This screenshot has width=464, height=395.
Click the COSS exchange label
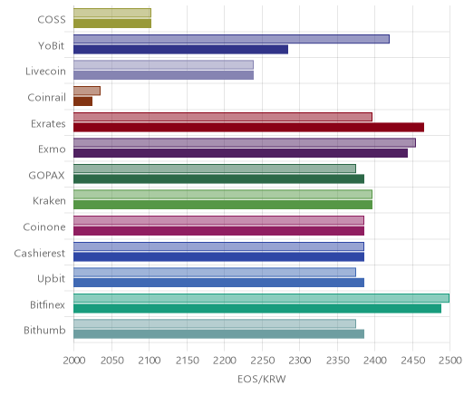(x=52, y=20)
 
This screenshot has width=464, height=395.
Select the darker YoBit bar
(x=180, y=50)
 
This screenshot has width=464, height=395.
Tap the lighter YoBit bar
(x=231, y=39)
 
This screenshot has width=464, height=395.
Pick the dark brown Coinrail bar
(x=82, y=101)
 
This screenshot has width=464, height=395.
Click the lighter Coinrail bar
(x=87, y=91)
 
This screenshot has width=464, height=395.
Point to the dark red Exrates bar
(x=248, y=128)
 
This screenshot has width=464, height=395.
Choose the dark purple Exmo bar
(x=240, y=153)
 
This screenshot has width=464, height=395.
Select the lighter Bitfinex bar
(x=261, y=298)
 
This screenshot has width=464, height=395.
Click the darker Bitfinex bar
(x=257, y=309)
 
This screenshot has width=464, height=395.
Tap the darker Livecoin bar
(x=163, y=75)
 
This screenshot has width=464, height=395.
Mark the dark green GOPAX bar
(x=218, y=179)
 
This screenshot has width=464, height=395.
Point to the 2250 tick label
(x=262, y=361)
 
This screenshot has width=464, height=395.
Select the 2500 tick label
(x=450, y=361)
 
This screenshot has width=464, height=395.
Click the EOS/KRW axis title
(x=262, y=379)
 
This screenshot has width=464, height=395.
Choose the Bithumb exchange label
(x=44, y=330)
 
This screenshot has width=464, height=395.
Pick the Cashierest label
(x=40, y=253)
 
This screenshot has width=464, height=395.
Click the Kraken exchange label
(x=49, y=200)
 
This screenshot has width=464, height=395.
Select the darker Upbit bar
(x=218, y=283)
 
